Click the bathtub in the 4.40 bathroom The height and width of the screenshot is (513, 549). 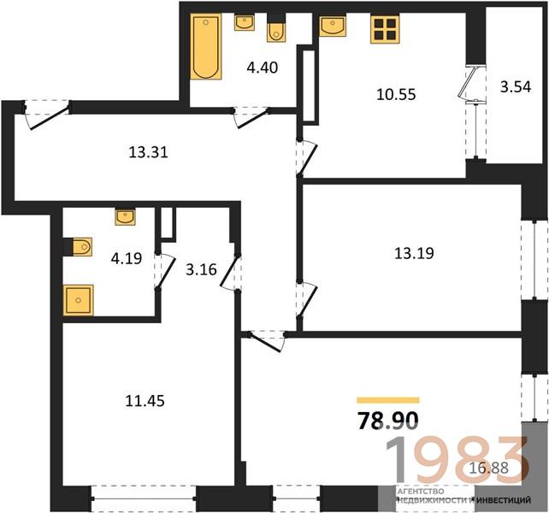[x=206, y=46]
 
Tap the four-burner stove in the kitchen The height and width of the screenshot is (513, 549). [x=385, y=29]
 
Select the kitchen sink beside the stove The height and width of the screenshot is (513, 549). [x=333, y=26]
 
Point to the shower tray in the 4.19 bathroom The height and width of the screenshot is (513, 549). [x=79, y=300]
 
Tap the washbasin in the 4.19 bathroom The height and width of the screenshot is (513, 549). [x=126, y=217]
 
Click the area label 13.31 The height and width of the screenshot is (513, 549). [x=149, y=152]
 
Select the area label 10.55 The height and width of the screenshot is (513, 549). [x=396, y=94]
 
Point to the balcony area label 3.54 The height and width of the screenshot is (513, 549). [x=516, y=86]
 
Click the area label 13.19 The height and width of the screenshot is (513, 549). [x=414, y=253]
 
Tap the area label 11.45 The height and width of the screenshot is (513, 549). [x=145, y=401]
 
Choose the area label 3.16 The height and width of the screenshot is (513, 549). [x=201, y=269]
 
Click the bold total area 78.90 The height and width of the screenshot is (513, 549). [x=387, y=420]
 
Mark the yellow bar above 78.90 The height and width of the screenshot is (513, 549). [x=388, y=400]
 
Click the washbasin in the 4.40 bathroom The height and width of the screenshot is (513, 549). [x=245, y=23]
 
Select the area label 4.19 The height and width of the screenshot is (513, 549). [x=127, y=258]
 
